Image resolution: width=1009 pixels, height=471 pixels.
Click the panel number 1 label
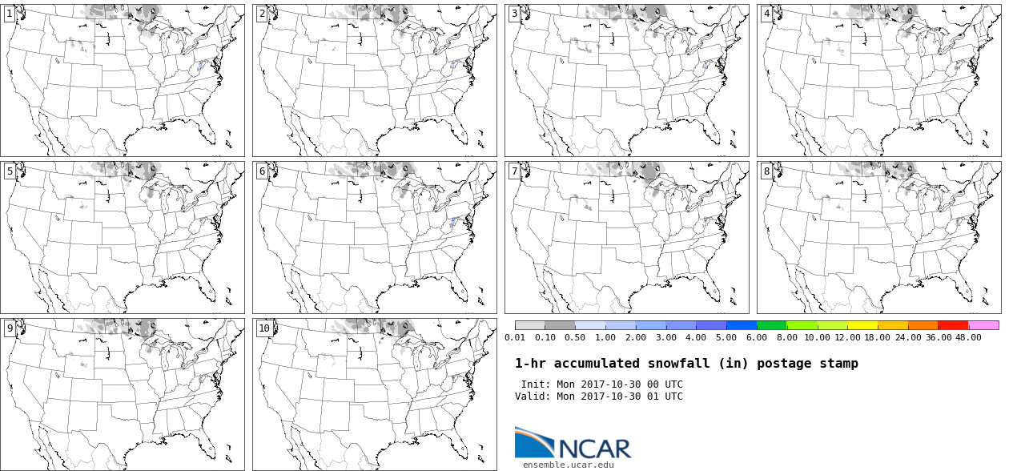point(10,14)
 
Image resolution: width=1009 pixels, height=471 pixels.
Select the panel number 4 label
point(766,14)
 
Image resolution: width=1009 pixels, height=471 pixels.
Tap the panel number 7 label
point(514,171)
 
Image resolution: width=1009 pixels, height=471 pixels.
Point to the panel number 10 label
point(264,328)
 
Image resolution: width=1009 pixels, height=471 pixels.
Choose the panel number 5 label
point(10,171)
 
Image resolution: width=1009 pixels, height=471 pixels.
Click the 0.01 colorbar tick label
point(515,337)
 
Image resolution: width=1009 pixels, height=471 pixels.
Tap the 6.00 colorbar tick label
point(757,337)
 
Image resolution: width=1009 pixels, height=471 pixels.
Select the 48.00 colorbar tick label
point(968,337)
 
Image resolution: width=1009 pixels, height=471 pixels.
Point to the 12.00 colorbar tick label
point(848,337)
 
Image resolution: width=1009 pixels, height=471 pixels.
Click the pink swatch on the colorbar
point(983,325)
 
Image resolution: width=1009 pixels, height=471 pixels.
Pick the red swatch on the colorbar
point(953,325)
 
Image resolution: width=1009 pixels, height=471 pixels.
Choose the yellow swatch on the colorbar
point(862,325)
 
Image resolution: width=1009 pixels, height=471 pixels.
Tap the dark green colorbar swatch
point(772,325)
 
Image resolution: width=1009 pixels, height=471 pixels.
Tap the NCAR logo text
point(595,449)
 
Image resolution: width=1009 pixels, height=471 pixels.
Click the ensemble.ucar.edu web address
point(568,465)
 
